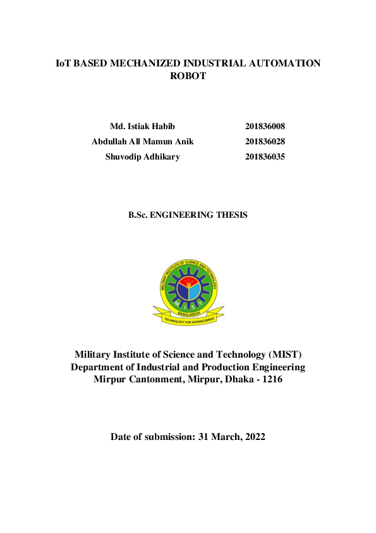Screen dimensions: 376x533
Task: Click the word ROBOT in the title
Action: point(188,76)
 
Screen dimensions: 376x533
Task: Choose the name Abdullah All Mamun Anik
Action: point(142,141)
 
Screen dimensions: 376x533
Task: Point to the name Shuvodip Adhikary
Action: point(142,156)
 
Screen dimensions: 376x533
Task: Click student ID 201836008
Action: point(265,126)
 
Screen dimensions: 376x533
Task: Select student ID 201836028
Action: point(265,141)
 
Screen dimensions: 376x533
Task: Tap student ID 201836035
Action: point(265,156)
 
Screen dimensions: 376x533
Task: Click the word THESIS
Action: point(231,215)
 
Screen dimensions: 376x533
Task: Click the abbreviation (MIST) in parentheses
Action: point(285,354)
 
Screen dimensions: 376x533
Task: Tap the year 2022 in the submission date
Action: point(253,437)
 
